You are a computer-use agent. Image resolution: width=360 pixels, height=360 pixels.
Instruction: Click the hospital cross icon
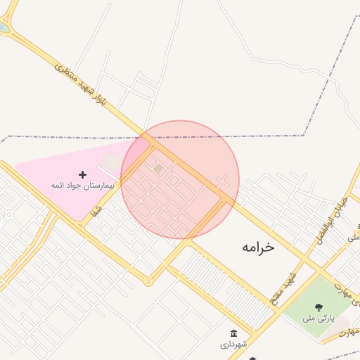click(83, 174)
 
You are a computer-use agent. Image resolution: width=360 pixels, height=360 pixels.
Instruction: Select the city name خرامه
click(257, 247)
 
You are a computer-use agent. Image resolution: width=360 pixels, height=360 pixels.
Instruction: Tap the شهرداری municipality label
click(233, 345)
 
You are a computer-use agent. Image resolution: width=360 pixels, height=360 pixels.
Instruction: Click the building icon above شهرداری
click(233, 333)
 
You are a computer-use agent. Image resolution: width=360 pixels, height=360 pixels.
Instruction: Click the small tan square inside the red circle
click(158, 168)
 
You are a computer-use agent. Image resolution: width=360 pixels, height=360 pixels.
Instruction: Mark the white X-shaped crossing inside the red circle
click(223, 181)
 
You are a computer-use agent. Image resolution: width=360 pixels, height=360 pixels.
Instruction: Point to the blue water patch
click(3, 27)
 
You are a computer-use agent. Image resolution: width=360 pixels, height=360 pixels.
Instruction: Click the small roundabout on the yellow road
click(148, 283)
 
